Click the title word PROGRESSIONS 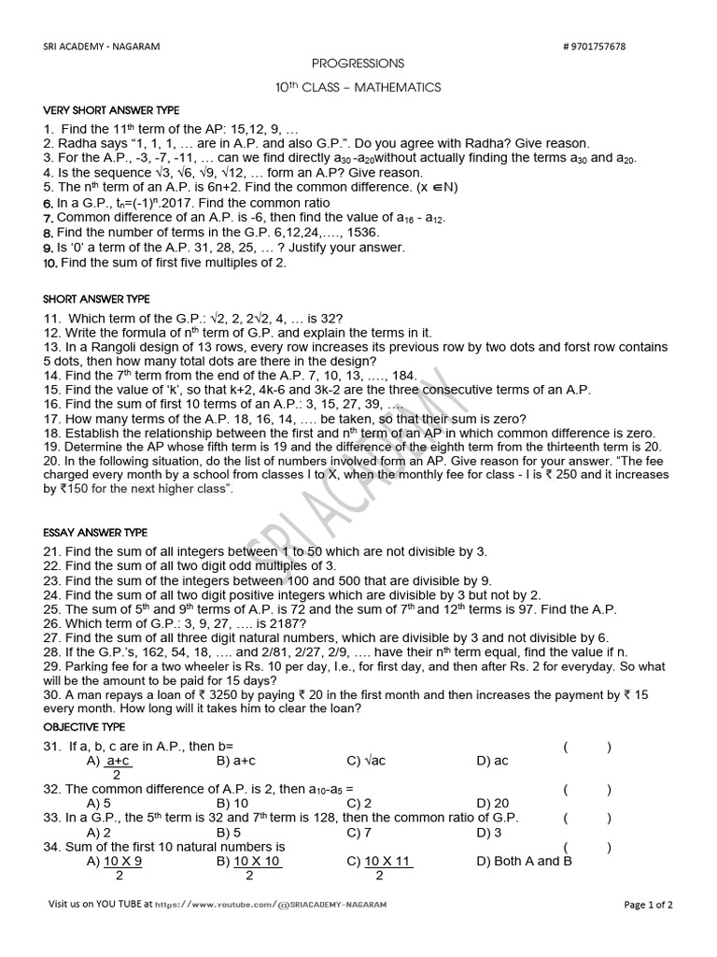[x=358, y=64]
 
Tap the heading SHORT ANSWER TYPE [x=96, y=299]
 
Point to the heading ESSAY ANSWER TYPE [x=95, y=533]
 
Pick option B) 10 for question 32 [x=232, y=804]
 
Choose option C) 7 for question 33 [x=359, y=832]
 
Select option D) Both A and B [x=524, y=862]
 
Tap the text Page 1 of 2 [x=648, y=905]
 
